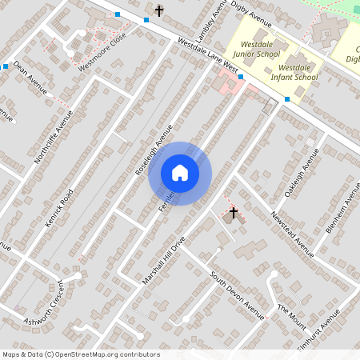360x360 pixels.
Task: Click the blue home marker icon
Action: pyautogui.click(x=180, y=173)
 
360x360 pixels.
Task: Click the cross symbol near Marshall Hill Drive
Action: pyautogui.click(x=234, y=213)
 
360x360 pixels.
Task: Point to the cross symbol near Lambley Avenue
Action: pyautogui.click(x=159, y=10)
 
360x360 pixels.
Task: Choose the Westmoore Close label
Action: pyautogui.click(x=102, y=54)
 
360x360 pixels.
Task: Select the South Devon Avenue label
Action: pyautogui.click(x=237, y=296)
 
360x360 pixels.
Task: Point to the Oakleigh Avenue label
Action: pyautogui.click(x=302, y=174)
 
